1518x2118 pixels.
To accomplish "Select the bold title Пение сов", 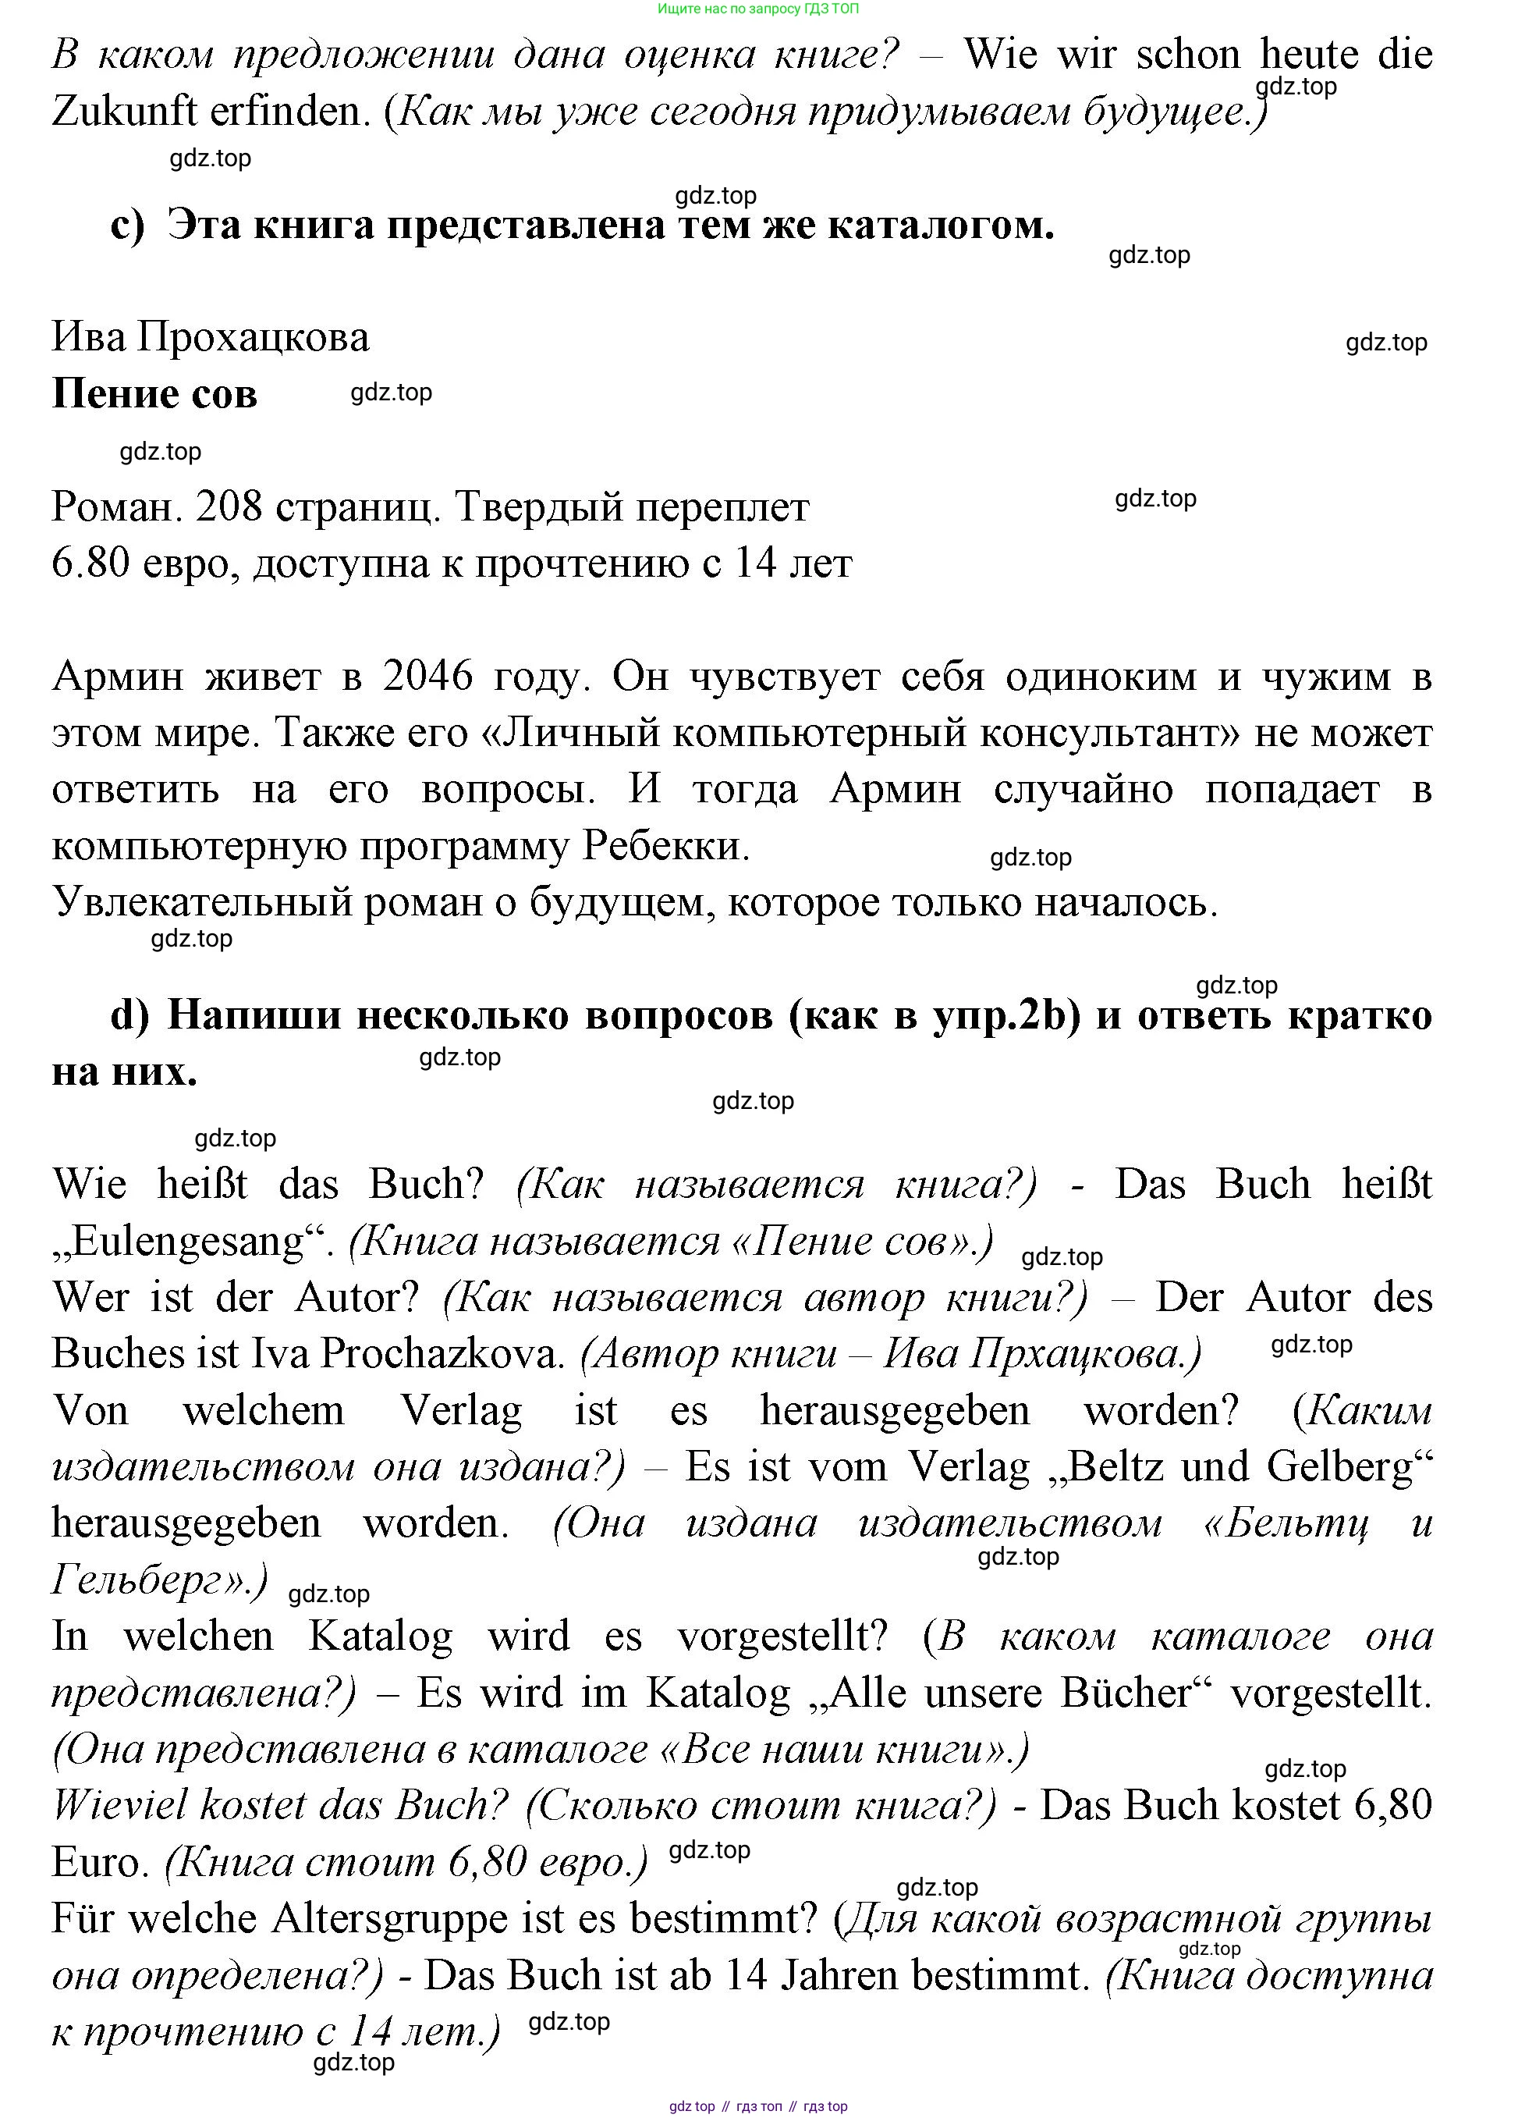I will coord(154,394).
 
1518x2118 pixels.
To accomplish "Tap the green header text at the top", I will coord(757,9).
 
